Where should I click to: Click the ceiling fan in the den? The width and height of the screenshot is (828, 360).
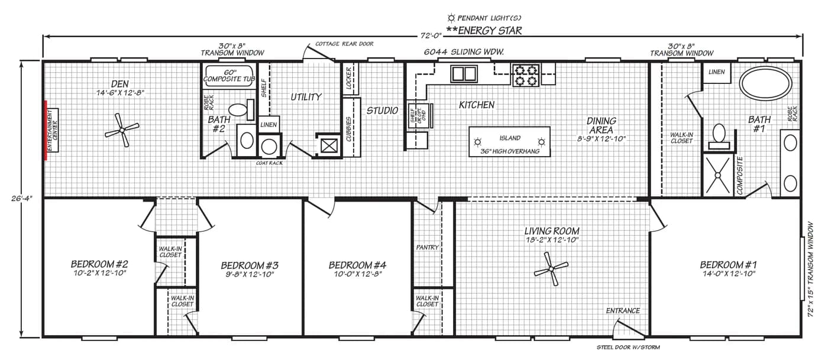coord(122,130)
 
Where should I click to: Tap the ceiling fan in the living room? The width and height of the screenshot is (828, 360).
coord(551,269)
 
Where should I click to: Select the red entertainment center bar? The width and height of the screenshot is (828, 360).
coord(46,130)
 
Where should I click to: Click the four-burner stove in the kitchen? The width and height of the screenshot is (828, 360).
coord(526,76)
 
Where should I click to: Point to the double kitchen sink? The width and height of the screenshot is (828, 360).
coord(464,73)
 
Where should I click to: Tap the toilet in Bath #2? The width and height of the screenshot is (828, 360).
coord(241,110)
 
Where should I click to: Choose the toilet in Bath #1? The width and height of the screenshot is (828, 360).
coord(719,137)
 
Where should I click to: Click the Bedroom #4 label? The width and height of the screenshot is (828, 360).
coord(357,265)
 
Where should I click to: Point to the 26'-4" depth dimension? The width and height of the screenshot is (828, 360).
coord(21,198)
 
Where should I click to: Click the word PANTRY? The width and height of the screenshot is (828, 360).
coord(427,247)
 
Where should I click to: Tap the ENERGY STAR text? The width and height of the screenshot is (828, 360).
coord(484,31)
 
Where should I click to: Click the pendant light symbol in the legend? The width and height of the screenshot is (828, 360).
coord(451,18)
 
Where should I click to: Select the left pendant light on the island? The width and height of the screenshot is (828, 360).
coord(478,142)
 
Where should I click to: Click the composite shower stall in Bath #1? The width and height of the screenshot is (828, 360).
coord(718,175)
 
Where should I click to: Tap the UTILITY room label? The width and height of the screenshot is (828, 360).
coord(306,97)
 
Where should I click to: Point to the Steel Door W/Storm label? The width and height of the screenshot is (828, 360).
coord(628,347)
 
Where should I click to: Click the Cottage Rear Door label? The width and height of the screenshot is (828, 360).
coord(344,44)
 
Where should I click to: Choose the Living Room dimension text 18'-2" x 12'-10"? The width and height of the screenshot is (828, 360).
coord(552,240)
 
